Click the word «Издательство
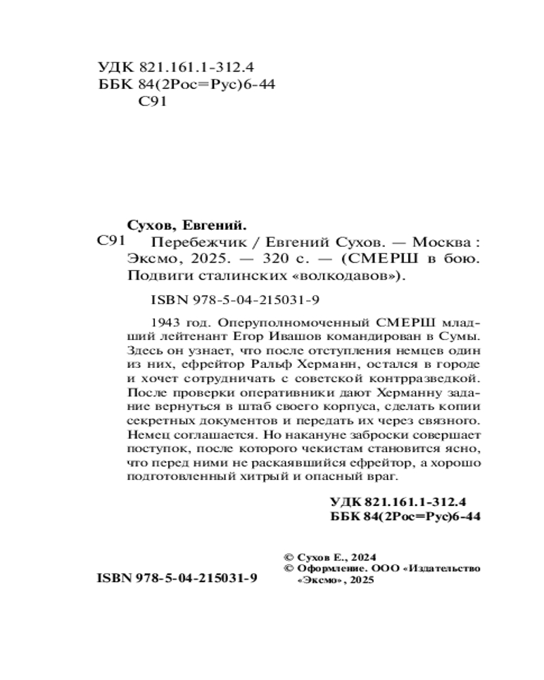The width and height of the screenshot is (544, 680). tap(441, 568)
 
